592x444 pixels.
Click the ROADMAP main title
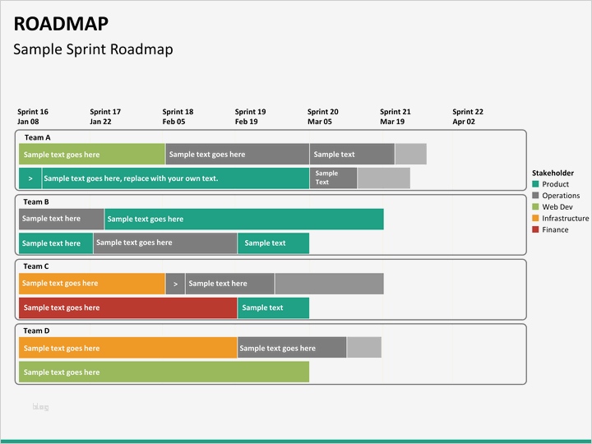(x=60, y=23)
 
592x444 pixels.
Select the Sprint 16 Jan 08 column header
(x=33, y=117)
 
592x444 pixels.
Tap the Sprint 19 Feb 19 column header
(x=250, y=117)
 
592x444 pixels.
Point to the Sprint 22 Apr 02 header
(x=468, y=117)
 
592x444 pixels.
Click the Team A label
(x=37, y=137)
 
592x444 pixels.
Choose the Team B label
(x=36, y=201)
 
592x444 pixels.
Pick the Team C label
(x=36, y=266)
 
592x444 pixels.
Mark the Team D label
(x=36, y=331)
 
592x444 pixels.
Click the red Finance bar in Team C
(x=127, y=308)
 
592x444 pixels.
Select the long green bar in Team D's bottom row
(x=164, y=372)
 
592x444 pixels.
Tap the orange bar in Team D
(x=127, y=348)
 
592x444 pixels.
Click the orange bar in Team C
(x=91, y=284)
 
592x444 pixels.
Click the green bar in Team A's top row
(x=91, y=155)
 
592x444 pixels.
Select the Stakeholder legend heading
(x=553, y=173)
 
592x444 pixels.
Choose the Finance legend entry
(x=555, y=230)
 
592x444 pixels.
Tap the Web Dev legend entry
(x=556, y=207)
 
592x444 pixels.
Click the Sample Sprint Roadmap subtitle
(x=93, y=49)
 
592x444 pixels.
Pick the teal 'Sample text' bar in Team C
(x=273, y=308)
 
